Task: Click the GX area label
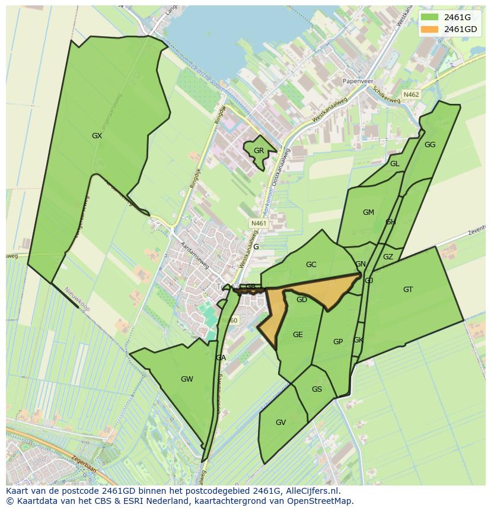point(97,136)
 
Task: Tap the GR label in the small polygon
point(259,151)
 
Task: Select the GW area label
point(187,379)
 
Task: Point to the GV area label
point(280,423)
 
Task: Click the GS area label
point(317,389)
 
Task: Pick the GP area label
point(338,342)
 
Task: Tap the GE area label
point(298,335)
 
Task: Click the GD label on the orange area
point(302,300)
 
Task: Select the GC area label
point(311,265)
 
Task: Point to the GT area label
point(408,290)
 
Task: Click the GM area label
point(368,212)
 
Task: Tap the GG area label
point(430,145)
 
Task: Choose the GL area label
point(394,164)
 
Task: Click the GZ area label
point(388,257)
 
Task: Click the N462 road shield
point(411,94)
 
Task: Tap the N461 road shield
point(259,223)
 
